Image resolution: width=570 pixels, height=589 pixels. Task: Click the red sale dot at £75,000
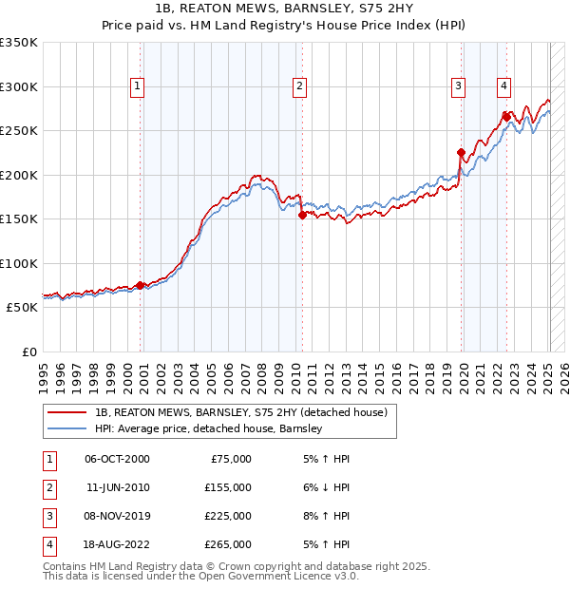(141, 285)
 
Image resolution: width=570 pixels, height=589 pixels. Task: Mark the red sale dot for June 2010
(302, 215)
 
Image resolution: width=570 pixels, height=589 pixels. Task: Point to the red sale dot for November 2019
(461, 152)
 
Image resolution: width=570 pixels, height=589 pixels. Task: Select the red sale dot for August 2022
(506, 117)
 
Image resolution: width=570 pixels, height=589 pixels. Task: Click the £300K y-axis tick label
(19, 86)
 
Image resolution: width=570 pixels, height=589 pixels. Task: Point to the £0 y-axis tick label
(28, 352)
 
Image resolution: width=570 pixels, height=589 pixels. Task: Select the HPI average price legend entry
(209, 428)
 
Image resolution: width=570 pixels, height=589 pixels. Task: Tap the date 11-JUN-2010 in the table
(117, 486)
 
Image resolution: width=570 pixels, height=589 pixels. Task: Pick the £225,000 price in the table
(228, 515)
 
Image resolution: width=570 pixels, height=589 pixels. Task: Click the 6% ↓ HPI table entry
(324, 486)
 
